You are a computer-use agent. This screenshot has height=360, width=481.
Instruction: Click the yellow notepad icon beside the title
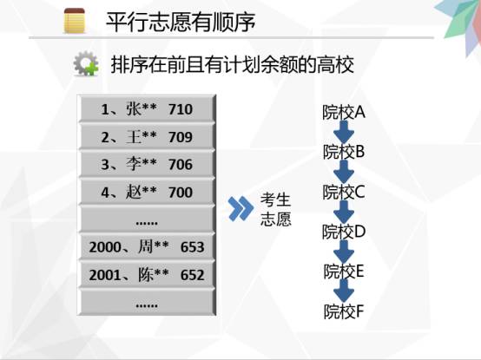(75, 21)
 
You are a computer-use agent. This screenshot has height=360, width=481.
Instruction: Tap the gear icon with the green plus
(86, 63)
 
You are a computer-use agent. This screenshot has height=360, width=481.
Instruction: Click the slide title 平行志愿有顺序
(181, 22)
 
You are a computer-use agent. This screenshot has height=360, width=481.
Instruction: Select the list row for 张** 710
(147, 109)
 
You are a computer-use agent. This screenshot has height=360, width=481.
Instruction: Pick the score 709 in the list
(181, 137)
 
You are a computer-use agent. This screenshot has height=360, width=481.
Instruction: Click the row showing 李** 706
(147, 164)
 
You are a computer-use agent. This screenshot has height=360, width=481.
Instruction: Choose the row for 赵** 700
(147, 192)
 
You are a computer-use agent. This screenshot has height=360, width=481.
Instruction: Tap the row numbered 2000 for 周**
(147, 247)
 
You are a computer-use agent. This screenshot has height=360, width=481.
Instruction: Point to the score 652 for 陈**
(193, 275)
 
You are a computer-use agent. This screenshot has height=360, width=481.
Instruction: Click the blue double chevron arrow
(240, 208)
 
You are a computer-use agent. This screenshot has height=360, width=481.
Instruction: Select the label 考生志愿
(275, 210)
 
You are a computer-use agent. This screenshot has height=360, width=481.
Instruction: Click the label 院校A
(344, 112)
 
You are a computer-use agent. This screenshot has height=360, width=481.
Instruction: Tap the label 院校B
(344, 152)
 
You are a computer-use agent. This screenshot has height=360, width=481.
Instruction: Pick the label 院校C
(344, 192)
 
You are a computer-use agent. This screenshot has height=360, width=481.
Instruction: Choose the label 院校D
(344, 232)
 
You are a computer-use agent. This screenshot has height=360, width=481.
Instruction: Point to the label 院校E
(344, 272)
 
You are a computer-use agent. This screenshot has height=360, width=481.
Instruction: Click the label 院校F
(344, 311)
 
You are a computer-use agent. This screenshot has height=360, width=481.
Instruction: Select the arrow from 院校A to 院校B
(344, 132)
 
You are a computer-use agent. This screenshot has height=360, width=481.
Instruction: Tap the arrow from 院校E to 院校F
(344, 291)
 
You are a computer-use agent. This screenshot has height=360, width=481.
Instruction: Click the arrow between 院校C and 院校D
(344, 212)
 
